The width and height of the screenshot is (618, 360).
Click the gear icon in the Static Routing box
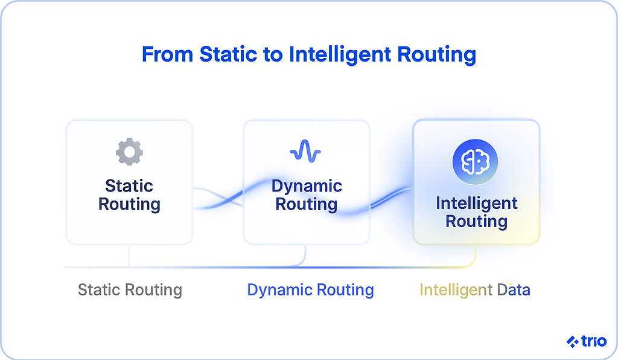tap(129, 152)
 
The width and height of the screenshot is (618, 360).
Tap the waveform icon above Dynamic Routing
tap(305, 152)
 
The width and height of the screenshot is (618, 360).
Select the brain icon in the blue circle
tap(476, 161)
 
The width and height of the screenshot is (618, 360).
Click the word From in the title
tap(167, 55)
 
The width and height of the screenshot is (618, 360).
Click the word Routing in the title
tap(436, 55)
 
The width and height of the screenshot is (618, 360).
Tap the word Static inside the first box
tap(129, 186)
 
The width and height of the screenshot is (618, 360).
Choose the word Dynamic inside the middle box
tap(307, 186)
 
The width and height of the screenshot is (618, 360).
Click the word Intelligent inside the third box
tap(477, 203)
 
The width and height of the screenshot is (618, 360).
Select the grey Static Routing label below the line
tap(130, 290)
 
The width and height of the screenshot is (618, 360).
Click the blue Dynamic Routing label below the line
tap(310, 290)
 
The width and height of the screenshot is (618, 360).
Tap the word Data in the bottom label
tap(513, 290)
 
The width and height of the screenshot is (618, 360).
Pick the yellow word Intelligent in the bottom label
tap(454, 290)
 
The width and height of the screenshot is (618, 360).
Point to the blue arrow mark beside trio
tap(572, 342)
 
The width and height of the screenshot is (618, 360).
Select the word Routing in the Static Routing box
tap(129, 204)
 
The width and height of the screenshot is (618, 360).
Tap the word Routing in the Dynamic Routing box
tap(306, 204)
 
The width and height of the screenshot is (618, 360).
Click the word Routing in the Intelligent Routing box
tap(477, 221)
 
